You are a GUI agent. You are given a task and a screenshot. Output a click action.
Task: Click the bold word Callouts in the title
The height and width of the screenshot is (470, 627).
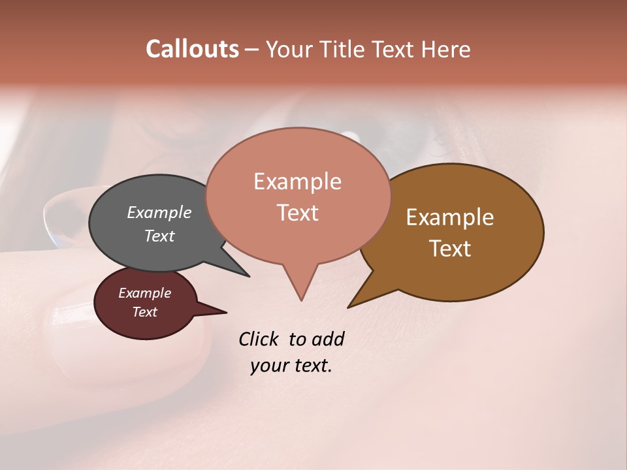pos(192,49)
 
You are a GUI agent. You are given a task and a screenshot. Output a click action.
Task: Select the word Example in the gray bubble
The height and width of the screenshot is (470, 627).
pos(159,213)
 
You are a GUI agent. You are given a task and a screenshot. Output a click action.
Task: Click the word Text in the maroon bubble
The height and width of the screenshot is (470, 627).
pos(145,312)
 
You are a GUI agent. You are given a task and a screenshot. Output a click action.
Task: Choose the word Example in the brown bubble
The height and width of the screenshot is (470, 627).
pos(450,217)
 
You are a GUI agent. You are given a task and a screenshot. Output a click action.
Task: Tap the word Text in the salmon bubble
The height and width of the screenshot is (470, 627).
pos(298,213)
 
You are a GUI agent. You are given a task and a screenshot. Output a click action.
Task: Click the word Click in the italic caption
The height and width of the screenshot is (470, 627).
pos(260,339)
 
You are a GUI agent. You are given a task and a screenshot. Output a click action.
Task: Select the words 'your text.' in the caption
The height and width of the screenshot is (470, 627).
pos(291,366)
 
